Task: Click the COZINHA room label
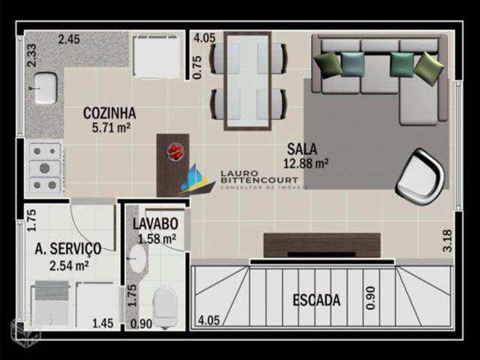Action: pos(109,113)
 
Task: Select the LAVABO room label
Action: pos(156,223)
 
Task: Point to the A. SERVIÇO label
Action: pos(68,248)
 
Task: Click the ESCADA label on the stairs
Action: pos(316,300)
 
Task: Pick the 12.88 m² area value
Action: pos(306,163)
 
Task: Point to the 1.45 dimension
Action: pos(103,324)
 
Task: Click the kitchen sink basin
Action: pos(45,87)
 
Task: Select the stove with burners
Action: pos(45,168)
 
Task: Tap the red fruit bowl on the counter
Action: pos(175,151)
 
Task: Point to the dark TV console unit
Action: pos(322,244)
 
